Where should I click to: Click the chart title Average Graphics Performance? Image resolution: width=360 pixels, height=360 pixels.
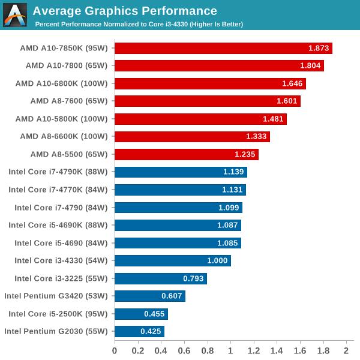[x=125, y=11]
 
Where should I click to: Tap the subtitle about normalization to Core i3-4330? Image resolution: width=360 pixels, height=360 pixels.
[x=139, y=24]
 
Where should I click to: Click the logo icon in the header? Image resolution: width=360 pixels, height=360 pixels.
[x=15, y=15]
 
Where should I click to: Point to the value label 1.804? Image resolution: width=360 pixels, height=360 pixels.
[x=310, y=66]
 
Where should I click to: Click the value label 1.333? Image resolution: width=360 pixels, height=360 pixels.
[x=256, y=137]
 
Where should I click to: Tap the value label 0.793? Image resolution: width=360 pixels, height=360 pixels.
[x=193, y=278]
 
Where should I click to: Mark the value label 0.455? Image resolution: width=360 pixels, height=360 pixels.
[x=154, y=314]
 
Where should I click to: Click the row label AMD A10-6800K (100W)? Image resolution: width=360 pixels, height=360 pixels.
[x=61, y=83]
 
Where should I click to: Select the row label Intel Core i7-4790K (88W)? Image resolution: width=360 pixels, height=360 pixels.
[x=58, y=172]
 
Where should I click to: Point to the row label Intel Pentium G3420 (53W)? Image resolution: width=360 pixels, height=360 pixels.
[x=56, y=296]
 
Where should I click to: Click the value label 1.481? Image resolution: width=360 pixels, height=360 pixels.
[x=273, y=119]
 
